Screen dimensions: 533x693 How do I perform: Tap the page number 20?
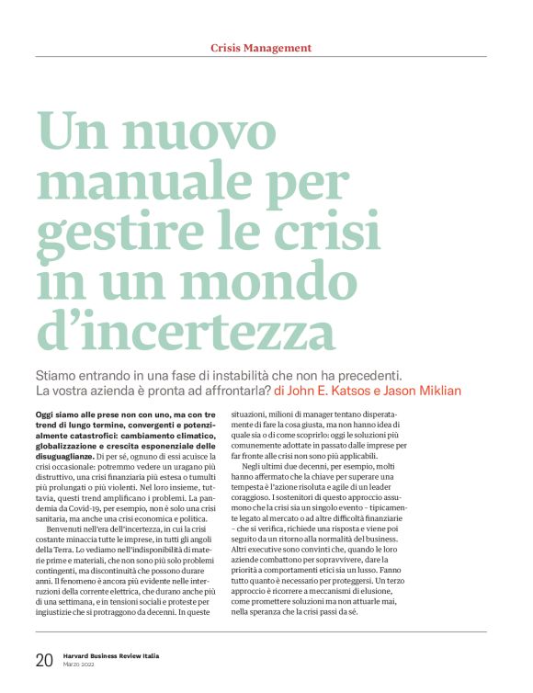pos(43,661)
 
